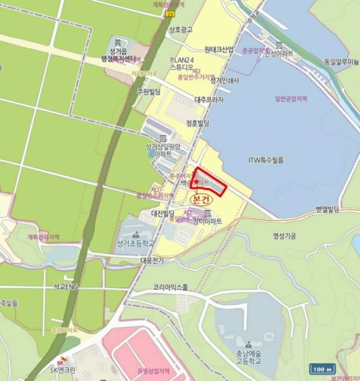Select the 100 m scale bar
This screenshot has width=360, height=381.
pos(323,369)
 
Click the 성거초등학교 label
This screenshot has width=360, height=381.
pos(135,243)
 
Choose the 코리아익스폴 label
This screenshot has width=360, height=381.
pos(171,287)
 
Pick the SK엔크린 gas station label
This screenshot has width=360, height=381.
pos(62,370)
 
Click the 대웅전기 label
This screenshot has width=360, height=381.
pos(153,260)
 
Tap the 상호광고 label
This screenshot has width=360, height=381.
pos(180,29)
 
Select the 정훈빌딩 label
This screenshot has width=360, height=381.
pos(199,123)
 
